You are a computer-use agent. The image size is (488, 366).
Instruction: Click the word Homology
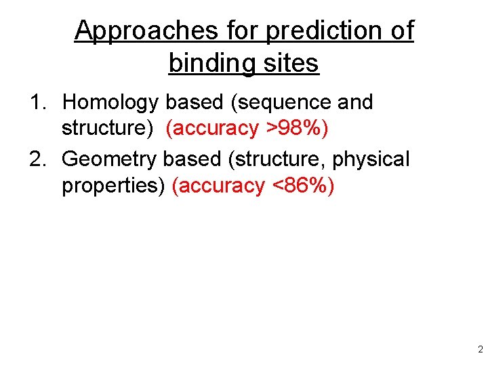[x=110, y=102]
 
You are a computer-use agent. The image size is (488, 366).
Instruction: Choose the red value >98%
[x=296, y=128]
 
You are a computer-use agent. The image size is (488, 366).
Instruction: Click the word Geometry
[x=109, y=159]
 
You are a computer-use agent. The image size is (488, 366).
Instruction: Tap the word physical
[x=371, y=159]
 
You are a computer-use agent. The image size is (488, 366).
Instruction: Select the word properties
[x=113, y=185]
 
